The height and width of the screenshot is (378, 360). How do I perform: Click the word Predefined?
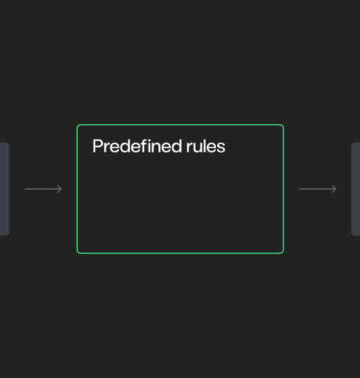[x=137, y=146]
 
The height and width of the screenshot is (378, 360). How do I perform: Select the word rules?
[x=205, y=146]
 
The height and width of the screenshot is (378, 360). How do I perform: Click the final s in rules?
[x=220, y=148]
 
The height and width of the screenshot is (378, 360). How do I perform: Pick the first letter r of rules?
[x=189, y=148]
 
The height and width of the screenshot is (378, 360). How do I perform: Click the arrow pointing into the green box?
[x=43, y=189]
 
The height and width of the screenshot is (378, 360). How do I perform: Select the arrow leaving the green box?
[x=318, y=189]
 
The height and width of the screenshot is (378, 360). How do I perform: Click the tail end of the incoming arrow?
[x=25, y=189]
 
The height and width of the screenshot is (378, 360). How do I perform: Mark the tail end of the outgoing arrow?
[x=299, y=189]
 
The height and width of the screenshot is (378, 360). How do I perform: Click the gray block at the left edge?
[x=4, y=189]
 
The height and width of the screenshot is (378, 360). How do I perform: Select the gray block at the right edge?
[x=355, y=189]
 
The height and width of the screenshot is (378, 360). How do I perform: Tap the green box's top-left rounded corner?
[x=78, y=125]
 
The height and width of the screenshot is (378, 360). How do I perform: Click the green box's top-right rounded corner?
[x=283, y=125]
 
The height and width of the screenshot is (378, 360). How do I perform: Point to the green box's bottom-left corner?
[x=78, y=253]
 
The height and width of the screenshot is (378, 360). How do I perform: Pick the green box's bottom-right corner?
[x=283, y=253]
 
